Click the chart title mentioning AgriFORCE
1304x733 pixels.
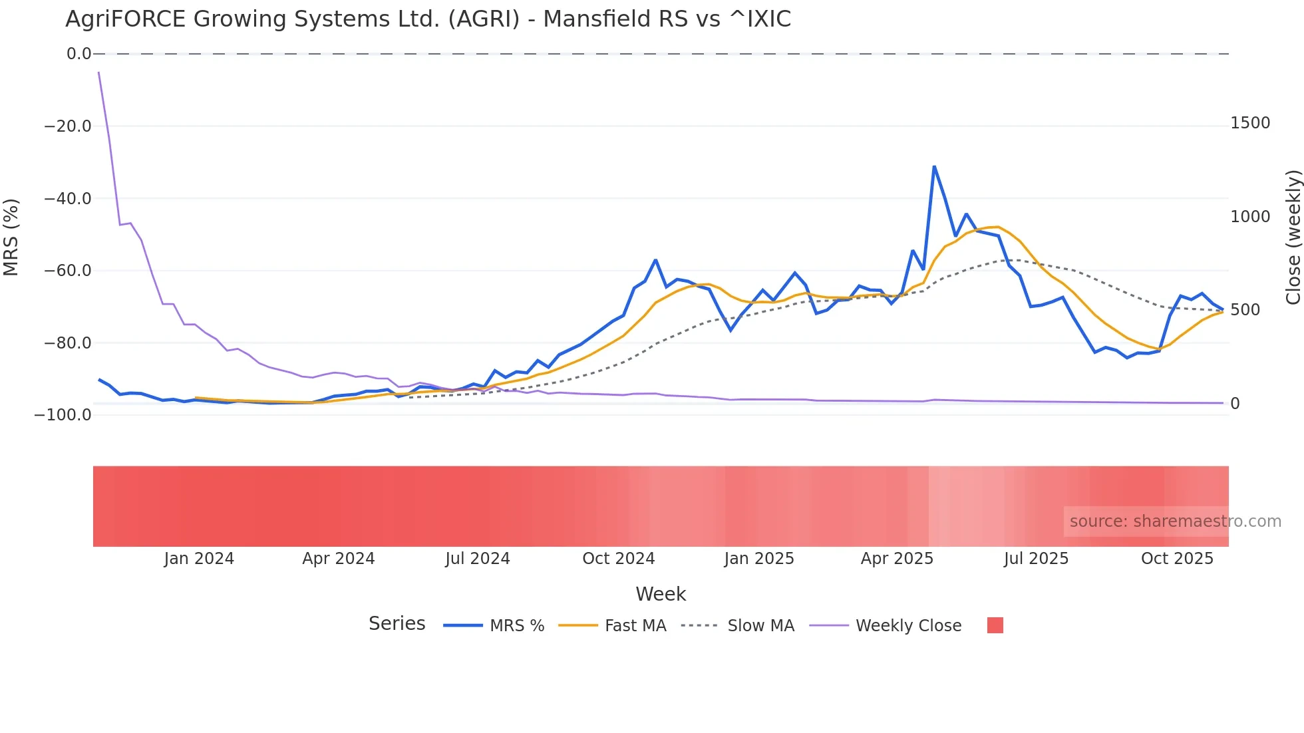click(x=428, y=19)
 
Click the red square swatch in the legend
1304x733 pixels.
click(x=995, y=625)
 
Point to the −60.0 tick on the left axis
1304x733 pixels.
click(x=68, y=271)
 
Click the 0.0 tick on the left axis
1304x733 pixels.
click(x=79, y=54)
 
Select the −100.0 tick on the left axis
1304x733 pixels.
click(x=63, y=415)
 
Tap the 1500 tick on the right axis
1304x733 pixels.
click(x=1250, y=123)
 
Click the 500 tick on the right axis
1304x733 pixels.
click(x=1245, y=310)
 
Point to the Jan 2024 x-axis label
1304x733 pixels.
click(x=199, y=559)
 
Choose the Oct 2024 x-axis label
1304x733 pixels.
click(x=618, y=559)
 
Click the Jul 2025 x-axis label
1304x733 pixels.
click(x=1036, y=559)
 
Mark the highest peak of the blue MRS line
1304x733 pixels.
click(x=934, y=166)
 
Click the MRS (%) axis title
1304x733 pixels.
click(x=11, y=237)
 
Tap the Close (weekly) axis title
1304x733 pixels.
click(x=1293, y=237)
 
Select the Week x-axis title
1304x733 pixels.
click(x=660, y=594)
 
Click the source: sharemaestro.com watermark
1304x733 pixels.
click(x=1175, y=521)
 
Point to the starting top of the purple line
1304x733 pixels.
click(x=98, y=72)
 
